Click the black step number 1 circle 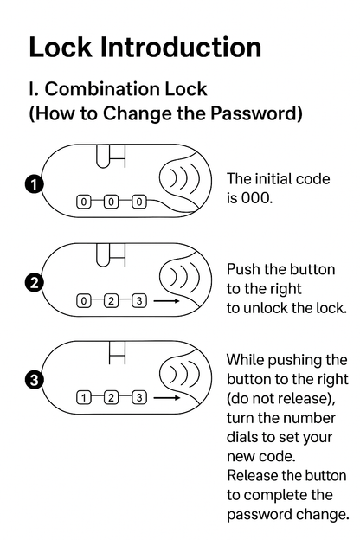34,184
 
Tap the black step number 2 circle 34,283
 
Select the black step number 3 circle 34,380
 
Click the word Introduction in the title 181,47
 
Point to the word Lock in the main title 61,47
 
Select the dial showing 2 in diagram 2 111,301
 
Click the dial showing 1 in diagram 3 83,398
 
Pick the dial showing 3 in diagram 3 139,398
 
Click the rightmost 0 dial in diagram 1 139,202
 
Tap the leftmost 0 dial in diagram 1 83,202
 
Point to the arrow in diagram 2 167,301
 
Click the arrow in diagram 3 167,398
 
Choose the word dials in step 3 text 242,437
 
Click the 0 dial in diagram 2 83,301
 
